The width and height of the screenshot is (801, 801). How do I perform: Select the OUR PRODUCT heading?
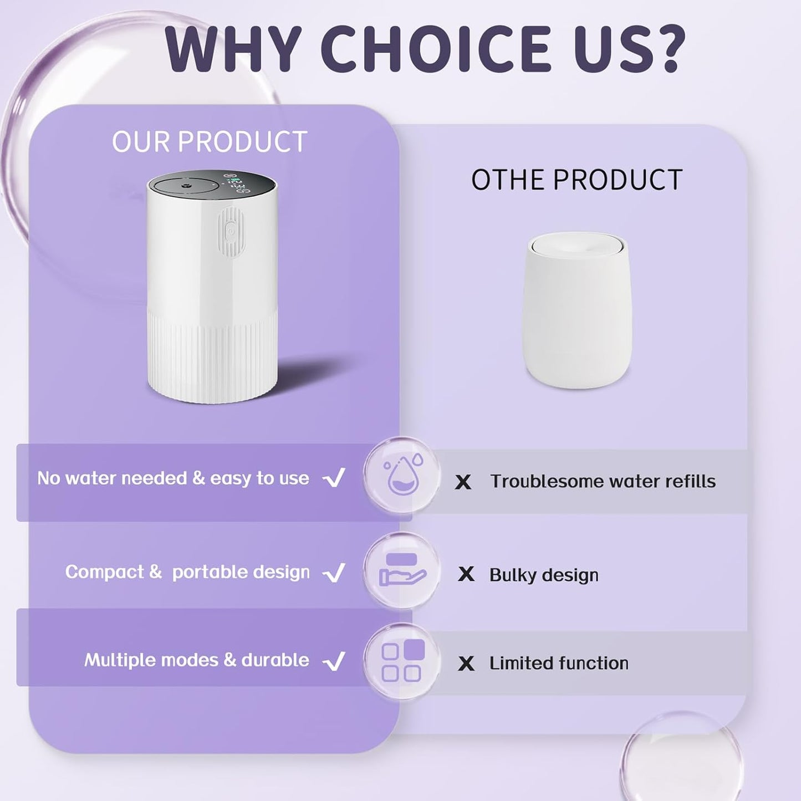[x=210, y=142]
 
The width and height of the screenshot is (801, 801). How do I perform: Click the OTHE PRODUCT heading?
[x=576, y=180]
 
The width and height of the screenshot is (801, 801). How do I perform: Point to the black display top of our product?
[x=212, y=184]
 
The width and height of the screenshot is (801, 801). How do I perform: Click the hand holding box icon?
[x=402, y=569]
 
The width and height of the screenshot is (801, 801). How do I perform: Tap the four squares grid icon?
[x=403, y=660]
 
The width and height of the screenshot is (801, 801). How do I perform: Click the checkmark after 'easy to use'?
[x=334, y=478]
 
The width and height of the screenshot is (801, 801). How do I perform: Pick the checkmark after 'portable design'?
[x=334, y=573]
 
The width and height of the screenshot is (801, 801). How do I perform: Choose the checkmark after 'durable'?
[x=334, y=661]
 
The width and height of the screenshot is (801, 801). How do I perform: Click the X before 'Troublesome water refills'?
[x=463, y=482]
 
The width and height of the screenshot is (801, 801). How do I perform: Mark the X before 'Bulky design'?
[x=466, y=574]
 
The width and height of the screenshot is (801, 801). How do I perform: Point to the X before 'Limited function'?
[x=466, y=664]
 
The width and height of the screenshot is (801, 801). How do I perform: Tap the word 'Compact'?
[x=105, y=572]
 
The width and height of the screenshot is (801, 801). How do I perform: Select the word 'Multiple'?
[x=120, y=660]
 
